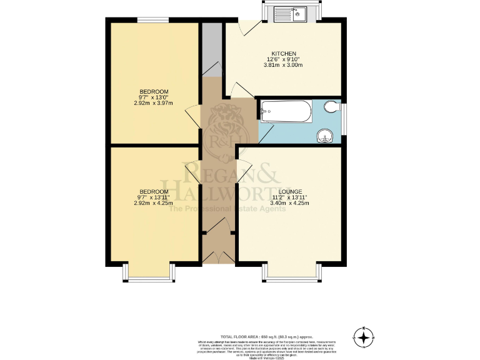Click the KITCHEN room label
[283, 54]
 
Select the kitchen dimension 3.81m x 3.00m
[283, 65]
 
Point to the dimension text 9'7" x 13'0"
[153, 97]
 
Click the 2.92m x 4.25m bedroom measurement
[153, 203]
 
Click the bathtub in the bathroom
[285, 112]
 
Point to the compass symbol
[362, 337]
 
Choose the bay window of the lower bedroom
[147, 272]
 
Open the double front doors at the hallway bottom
[217, 256]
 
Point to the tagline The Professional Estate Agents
[229, 209]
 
